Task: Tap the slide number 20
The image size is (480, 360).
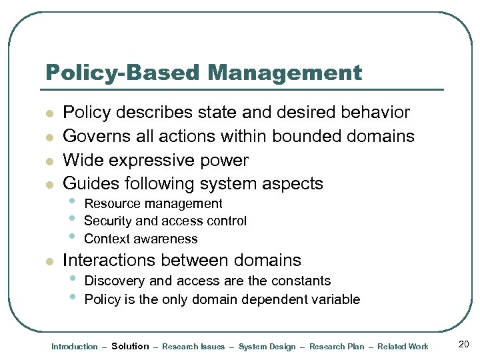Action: [464, 344]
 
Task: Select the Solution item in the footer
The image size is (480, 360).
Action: [130, 346]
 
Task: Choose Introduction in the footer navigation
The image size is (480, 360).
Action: [75, 347]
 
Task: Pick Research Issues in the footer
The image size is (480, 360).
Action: [193, 347]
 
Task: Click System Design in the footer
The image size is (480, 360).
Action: [267, 347]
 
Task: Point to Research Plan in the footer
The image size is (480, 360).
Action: [337, 347]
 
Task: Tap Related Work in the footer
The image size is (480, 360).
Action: [403, 347]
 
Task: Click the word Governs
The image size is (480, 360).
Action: [91, 137]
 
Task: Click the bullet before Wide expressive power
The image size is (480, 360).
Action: [49, 161]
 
